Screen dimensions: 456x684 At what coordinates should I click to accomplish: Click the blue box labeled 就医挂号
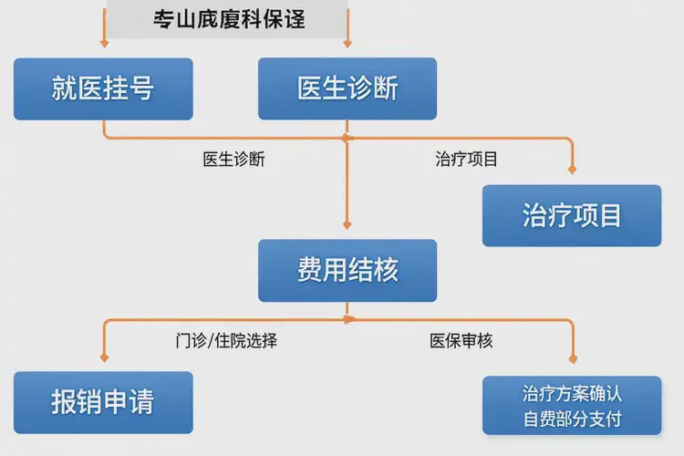click(103, 88)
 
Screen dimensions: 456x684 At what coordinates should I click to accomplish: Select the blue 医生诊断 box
click(347, 88)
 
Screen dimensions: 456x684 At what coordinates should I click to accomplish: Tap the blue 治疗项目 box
click(572, 215)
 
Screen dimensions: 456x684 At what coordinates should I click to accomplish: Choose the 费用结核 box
click(347, 270)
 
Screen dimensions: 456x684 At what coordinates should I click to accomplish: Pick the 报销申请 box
click(103, 402)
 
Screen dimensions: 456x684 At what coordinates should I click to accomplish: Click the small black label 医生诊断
click(234, 159)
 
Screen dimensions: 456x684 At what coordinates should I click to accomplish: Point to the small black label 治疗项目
click(467, 159)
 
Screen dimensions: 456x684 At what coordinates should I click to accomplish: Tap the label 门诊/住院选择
click(226, 341)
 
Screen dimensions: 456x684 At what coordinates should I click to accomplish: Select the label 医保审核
click(461, 341)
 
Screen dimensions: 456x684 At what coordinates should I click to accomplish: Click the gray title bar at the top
click(226, 17)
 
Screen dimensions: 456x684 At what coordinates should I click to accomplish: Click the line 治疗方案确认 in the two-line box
click(572, 393)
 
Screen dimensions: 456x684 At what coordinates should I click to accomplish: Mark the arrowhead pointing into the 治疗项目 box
click(573, 168)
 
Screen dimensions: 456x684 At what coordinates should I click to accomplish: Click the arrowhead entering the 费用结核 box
click(347, 223)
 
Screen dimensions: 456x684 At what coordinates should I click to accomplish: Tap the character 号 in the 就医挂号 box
click(141, 88)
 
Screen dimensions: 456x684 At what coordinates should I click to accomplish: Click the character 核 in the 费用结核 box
click(386, 270)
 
